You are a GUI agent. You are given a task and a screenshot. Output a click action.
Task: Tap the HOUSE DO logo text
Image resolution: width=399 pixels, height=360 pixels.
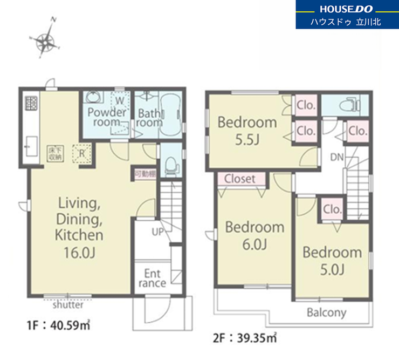tap(346, 9)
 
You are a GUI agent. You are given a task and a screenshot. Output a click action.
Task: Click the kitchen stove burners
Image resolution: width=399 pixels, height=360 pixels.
tap(31, 103)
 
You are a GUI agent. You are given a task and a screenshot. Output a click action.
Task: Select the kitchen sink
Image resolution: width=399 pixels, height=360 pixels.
tap(31, 146)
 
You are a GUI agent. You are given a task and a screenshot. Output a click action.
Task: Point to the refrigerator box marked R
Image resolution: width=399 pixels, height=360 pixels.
tap(81, 153)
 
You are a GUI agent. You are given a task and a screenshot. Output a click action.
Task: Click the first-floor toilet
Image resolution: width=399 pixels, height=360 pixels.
tap(171, 164)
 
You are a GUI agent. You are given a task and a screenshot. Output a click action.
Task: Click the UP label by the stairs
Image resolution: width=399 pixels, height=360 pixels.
tap(157, 232)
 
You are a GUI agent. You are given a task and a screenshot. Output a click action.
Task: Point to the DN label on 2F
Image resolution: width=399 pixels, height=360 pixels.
tap(336, 157)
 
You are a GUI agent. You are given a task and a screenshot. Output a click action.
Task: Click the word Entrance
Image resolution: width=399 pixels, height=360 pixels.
tap(152, 278)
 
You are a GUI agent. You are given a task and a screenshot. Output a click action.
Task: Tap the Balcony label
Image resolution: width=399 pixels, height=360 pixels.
tap(326, 313)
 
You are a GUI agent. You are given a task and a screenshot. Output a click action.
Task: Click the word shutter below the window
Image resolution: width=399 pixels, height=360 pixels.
tap(68, 305)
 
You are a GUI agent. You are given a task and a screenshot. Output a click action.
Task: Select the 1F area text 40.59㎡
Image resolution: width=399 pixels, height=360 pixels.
tap(70, 325)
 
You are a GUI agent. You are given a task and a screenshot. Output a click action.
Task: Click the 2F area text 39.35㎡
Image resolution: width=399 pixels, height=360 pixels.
tap(257, 338)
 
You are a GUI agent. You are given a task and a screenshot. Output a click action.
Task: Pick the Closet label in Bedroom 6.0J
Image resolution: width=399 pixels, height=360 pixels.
tap(240, 179)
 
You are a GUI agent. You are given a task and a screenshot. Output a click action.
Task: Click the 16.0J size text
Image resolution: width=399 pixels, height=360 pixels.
tap(79, 253)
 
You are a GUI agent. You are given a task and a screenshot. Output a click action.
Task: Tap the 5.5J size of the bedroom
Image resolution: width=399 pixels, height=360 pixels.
tap(247, 140)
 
